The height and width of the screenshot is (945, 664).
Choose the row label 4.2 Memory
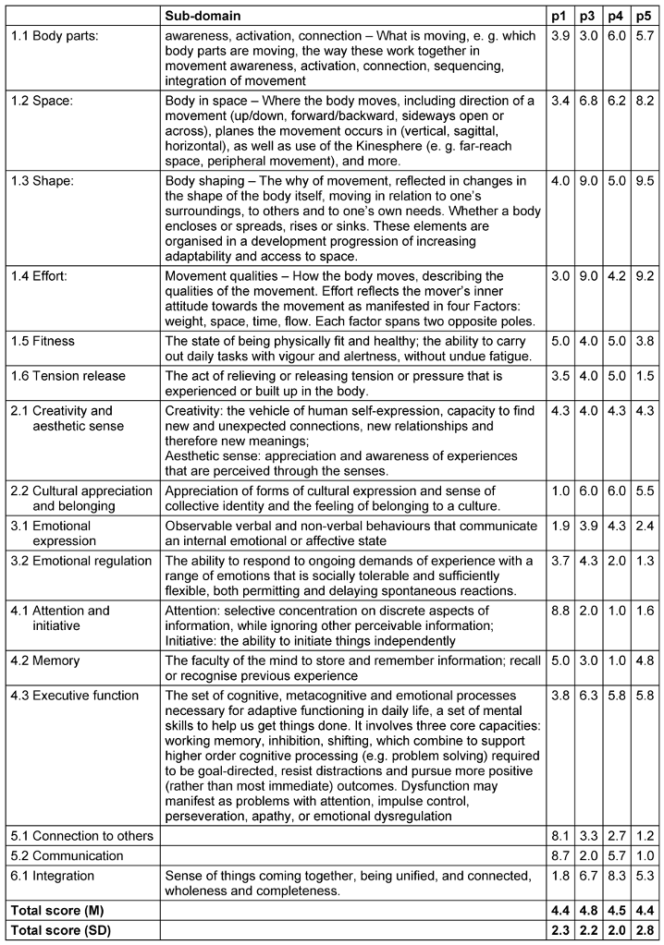(x=45, y=660)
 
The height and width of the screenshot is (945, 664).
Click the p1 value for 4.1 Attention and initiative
(x=560, y=611)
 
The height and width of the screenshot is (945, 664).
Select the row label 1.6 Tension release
(x=67, y=376)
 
